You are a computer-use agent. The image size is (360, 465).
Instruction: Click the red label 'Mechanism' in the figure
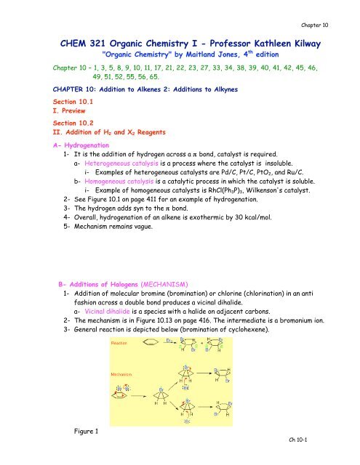[124, 375]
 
